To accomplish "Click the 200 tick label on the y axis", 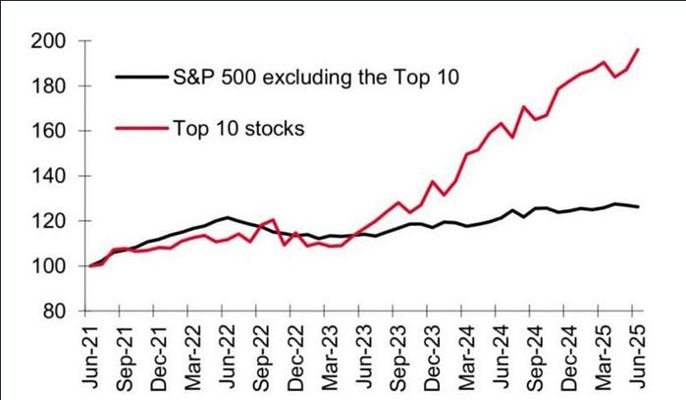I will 49,41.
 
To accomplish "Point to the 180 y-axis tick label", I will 49,86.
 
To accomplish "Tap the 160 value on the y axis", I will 49,131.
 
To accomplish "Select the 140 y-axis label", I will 49,176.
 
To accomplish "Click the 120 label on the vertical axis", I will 49,221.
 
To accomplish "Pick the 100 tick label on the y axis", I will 49,266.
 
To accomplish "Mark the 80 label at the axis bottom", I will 55,312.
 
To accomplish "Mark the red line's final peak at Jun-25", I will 640,49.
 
